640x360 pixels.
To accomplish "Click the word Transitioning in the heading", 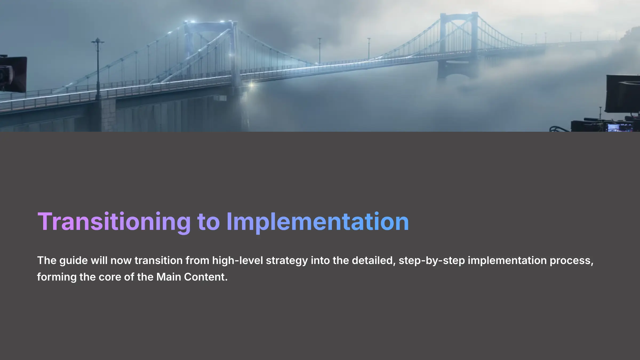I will pyautogui.click(x=114, y=222).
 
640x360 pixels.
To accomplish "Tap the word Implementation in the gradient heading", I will pyautogui.click(x=317, y=222).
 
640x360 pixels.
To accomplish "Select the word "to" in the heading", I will pyautogui.click(x=208, y=222).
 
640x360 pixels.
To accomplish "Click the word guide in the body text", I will pyautogui.click(x=73, y=261).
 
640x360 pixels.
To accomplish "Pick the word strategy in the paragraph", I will pyautogui.click(x=287, y=261).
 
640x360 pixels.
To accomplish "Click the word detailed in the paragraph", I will pyautogui.click(x=373, y=261).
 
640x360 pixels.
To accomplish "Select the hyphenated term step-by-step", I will pyautogui.click(x=432, y=261).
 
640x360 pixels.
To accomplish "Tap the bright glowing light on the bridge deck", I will pyautogui.click(x=251, y=85).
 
